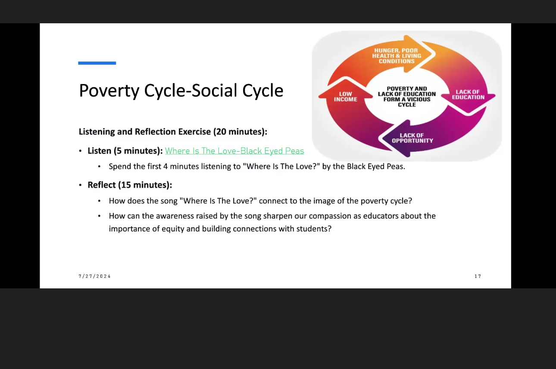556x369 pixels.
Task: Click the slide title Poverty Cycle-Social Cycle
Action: point(181,91)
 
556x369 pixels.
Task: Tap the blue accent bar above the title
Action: point(97,63)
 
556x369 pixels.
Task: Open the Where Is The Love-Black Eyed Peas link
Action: point(234,151)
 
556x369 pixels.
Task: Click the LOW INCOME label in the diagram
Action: point(345,97)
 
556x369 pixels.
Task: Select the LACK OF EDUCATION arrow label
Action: point(468,94)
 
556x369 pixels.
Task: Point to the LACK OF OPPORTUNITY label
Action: point(412,138)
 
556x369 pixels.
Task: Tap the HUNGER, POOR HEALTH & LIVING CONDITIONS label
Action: point(397,56)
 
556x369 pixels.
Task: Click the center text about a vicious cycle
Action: point(407,97)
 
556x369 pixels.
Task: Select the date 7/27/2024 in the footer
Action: point(95,276)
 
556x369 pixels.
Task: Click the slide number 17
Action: point(478,276)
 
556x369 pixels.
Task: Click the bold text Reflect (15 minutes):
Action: point(130,185)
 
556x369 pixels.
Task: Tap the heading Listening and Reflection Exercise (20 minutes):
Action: point(173,131)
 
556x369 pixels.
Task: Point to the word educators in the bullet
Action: point(381,216)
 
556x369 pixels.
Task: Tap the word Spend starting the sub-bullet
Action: point(120,166)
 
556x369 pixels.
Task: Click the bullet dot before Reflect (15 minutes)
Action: point(80,185)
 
